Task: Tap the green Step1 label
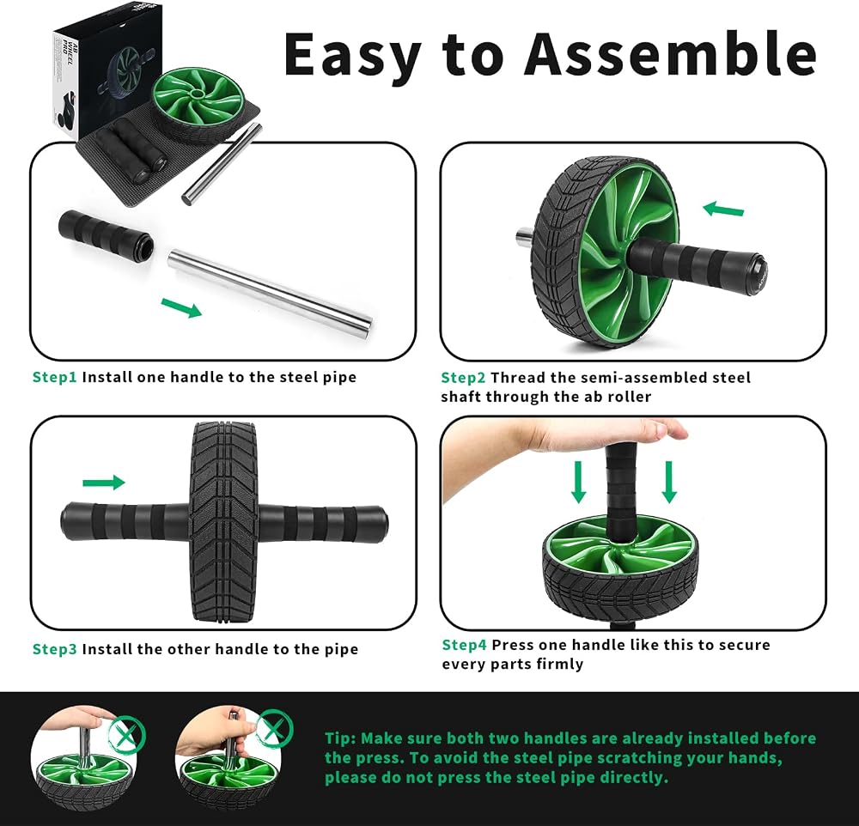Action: (55, 378)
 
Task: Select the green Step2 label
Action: (464, 378)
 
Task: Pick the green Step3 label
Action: (55, 649)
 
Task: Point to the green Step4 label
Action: (464, 645)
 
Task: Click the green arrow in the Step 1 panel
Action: (182, 307)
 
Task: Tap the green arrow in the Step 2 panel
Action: (723, 210)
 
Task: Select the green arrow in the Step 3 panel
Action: (104, 482)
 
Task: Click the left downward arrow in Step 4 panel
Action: (578, 482)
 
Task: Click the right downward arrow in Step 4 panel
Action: (669, 482)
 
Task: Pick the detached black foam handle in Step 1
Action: (105, 234)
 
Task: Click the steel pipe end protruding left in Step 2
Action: (523, 237)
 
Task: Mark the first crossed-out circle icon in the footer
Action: (126, 734)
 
